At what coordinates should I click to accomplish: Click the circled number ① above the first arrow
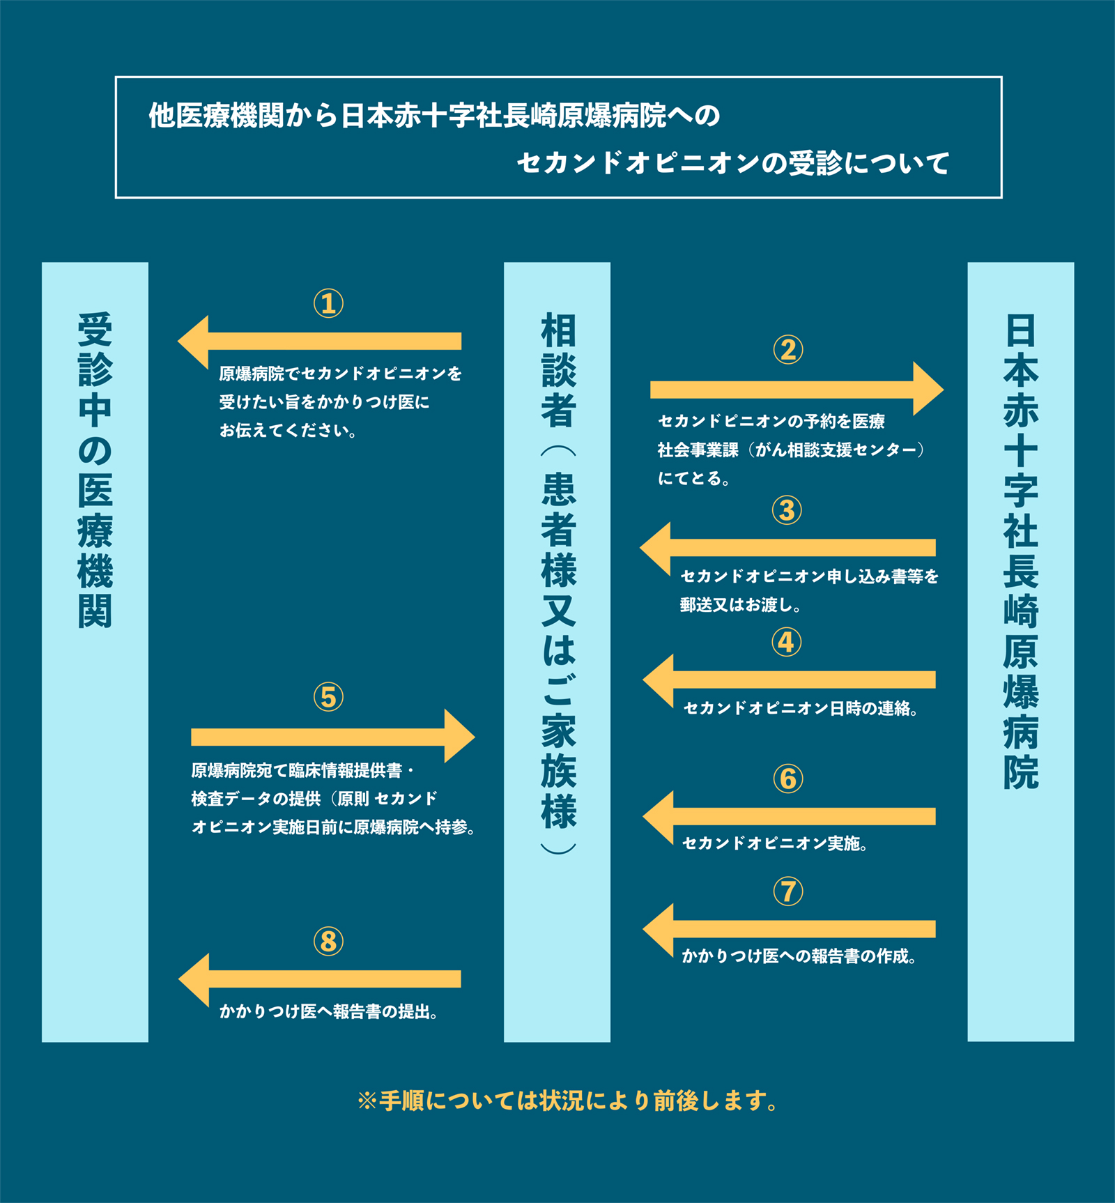pos(328,304)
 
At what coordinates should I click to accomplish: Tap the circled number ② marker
pos(788,350)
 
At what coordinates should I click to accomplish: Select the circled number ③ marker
pos(787,510)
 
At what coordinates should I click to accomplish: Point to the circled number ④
pos(787,642)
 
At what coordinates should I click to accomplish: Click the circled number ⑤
pos(328,697)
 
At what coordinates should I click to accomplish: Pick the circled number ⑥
pos(788,779)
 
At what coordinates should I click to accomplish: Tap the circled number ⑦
pos(788,891)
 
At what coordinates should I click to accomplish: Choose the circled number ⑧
pos(328,942)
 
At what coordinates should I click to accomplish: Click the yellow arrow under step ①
pos(319,342)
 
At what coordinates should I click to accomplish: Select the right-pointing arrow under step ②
pos(797,389)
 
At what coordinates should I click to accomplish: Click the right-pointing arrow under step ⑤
pos(333,736)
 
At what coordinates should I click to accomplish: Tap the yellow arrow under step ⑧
pos(319,979)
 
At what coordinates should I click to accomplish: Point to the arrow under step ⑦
pos(789,930)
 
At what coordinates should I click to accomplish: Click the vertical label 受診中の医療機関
pos(95,470)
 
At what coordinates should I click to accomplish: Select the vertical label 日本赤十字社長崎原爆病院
pos(1021,551)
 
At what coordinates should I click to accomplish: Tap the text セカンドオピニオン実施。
pos(774,843)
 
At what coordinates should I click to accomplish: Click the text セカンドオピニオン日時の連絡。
pos(800,709)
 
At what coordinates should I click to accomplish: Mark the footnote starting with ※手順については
pos(568,1101)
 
